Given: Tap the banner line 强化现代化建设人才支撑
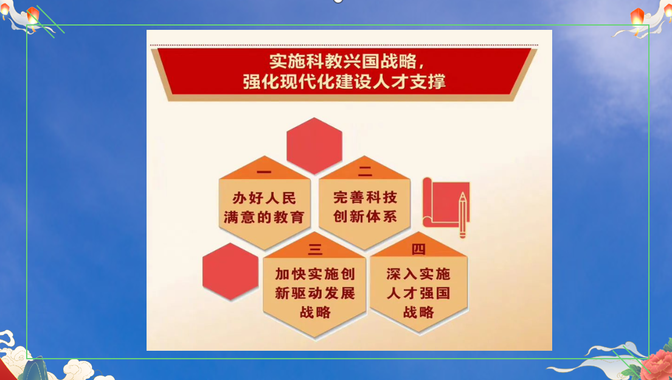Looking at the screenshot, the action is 344,82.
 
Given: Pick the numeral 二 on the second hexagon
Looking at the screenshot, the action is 365,171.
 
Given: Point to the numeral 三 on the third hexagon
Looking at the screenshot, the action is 315,249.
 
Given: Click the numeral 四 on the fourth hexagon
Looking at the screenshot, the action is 418,249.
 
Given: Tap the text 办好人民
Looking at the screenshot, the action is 264,198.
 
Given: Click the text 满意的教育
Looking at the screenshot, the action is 264,217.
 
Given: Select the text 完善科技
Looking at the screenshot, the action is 365,197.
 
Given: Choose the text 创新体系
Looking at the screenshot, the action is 365,216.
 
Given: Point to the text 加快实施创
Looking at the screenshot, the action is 315,274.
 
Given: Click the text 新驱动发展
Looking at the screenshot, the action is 315,294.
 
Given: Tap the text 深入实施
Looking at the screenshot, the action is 418,274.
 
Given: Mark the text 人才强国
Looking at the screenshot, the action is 418,294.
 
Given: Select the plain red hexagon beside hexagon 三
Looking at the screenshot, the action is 230,272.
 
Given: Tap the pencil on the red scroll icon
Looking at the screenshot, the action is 462,215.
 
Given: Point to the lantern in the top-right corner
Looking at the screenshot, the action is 637,16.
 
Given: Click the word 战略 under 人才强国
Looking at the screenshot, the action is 418,312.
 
